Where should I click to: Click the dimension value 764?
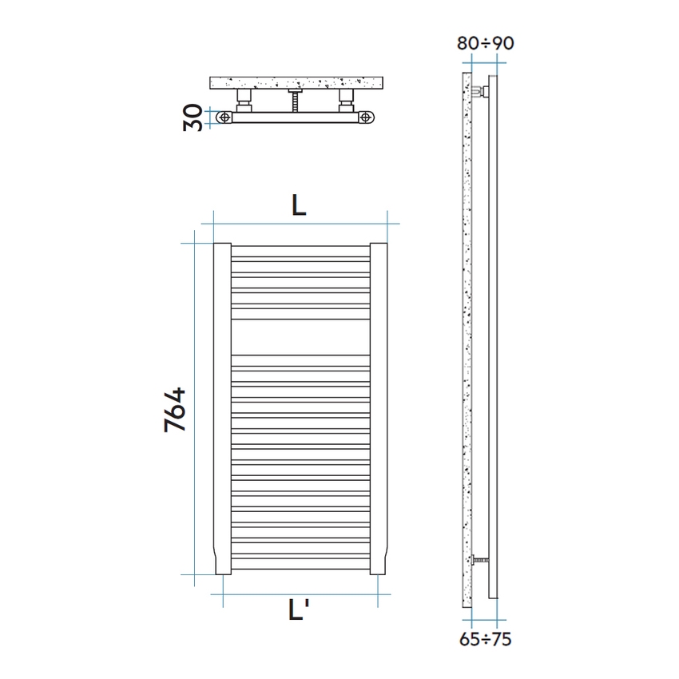(x=175, y=410)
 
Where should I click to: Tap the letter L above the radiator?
(x=298, y=205)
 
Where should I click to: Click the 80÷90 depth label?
(x=485, y=43)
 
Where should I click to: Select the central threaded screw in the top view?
(x=296, y=101)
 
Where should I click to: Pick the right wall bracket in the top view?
(x=347, y=101)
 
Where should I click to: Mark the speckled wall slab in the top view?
(x=296, y=83)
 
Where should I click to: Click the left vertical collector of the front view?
(x=222, y=407)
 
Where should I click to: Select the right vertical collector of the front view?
(x=379, y=407)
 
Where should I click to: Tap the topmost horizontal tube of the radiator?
(x=300, y=247)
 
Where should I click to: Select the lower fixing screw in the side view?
(x=479, y=561)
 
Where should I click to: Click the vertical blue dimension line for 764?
(x=194, y=408)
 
